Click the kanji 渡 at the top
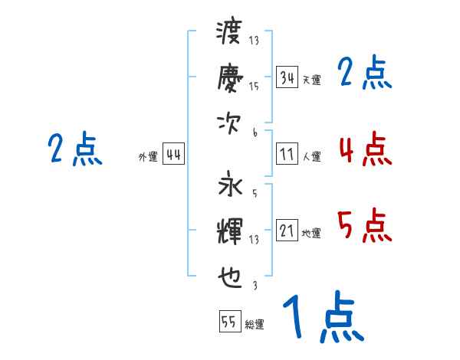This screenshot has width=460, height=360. click(x=229, y=34)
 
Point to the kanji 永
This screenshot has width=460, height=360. click(x=229, y=186)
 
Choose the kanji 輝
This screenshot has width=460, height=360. click(x=229, y=230)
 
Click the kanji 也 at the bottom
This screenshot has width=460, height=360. click(x=229, y=273)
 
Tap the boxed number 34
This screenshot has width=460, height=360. click(x=287, y=78)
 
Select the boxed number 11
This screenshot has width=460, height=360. click(x=287, y=155)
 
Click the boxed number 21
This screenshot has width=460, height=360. click(x=287, y=231)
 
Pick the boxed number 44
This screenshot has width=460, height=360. click(x=173, y=155)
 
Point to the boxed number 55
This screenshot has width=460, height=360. click(x=229, y=322)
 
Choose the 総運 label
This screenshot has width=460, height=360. click(x=255, y=324)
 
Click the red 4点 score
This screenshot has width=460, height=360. click(x=364, y=149)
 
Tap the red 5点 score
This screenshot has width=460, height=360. click(x=364, y=226)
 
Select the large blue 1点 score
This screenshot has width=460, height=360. click(x=322, y=318)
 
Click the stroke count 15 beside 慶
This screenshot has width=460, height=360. click(x=254, y=87)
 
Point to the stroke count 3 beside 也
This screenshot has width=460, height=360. click(x=254, y=286)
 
